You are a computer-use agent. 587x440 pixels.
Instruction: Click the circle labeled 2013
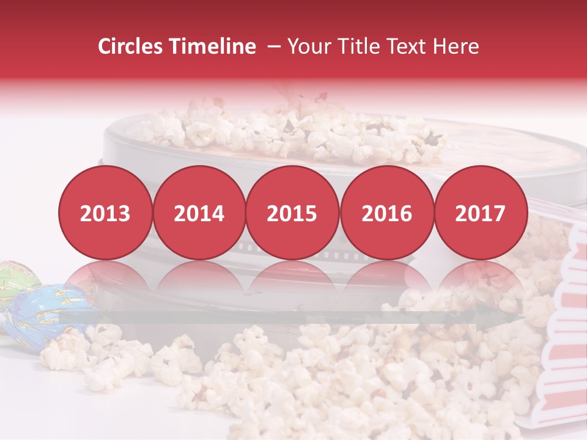click(105, 213)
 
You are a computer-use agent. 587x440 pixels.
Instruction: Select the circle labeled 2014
click(199, 213)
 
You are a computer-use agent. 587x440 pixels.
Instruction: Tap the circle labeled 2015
click(292, 213)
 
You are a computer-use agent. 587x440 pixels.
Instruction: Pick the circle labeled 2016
click(386, 213)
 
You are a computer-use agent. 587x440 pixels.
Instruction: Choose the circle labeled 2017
click(481, 213)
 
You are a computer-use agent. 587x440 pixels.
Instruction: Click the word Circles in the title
click(131, 46)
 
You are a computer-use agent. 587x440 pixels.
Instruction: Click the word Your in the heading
click(308, 46)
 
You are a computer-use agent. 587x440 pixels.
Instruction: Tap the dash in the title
click(273, 46)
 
